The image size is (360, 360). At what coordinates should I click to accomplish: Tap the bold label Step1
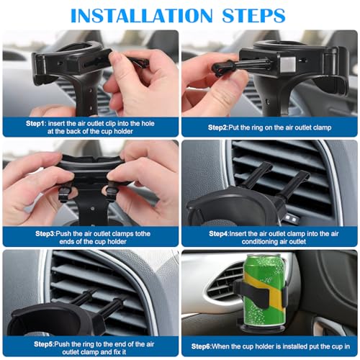point(36,123)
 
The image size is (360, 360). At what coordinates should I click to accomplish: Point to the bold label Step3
point(36,233)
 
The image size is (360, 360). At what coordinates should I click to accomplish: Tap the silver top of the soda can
point(264,257)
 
